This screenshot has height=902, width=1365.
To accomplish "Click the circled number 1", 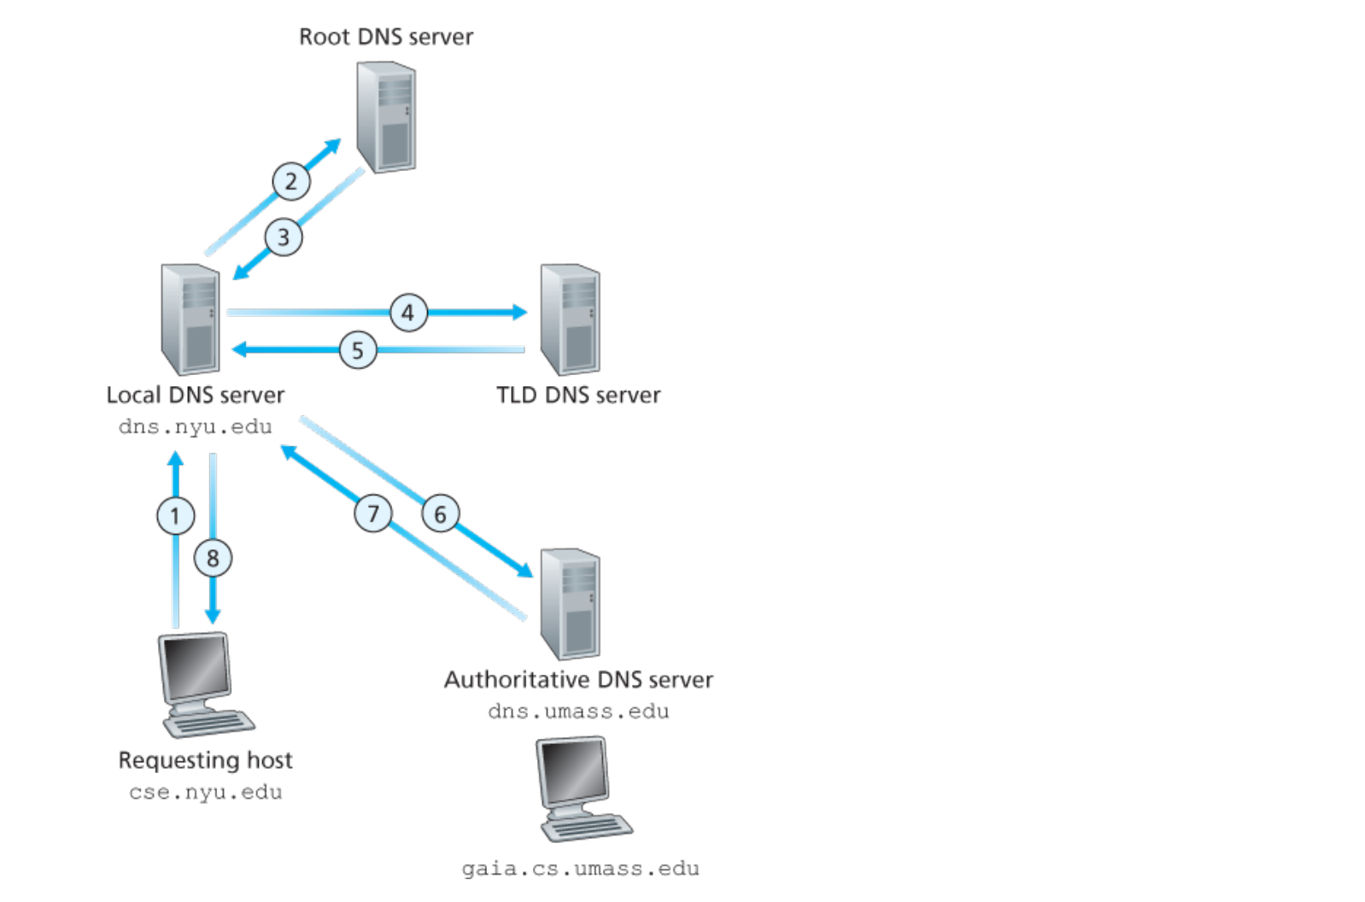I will (x=175, y=516).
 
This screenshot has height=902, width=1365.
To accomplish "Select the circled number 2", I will (x=291, y=181).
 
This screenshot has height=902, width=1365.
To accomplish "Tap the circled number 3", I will (x=283, y=237).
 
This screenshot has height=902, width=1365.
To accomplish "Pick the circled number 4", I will (x=408, y=313).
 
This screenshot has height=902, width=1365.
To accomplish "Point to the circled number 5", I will (x=357, y=350).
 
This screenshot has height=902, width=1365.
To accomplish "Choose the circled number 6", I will (x=440, y=514).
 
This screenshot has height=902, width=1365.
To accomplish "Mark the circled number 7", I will (x=373, y=513).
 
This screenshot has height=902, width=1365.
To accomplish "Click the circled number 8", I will (x=213, y=559).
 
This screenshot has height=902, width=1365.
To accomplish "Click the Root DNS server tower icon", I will (x=386, y=117).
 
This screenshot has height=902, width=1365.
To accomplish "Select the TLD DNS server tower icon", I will (x=570, y=319).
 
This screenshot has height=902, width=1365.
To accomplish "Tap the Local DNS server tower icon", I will (x=190, y=319).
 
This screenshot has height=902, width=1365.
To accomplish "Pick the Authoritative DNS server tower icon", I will (x=570, y=604).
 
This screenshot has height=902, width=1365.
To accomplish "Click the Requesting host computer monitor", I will (x=196, y=668).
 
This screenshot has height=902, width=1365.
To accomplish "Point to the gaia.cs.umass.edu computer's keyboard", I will (x=588, y=828).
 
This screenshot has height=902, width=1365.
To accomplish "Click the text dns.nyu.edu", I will (x=195, y=426).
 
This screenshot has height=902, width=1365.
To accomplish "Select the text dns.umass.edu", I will (x=578, y=711).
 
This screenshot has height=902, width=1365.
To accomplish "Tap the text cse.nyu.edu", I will (x=205, y=792).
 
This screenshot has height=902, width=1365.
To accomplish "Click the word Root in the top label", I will (x=324, y=37).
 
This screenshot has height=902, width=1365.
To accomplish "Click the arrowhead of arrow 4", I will (x=520, y=312).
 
